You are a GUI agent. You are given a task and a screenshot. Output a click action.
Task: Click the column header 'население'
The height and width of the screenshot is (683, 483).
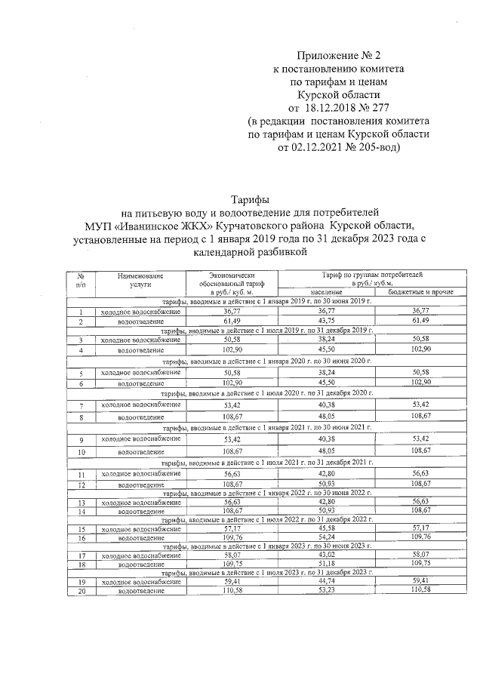(x=326, y=291)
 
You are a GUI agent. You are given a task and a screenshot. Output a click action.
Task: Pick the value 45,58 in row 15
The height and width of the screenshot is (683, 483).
(x=326, y=529)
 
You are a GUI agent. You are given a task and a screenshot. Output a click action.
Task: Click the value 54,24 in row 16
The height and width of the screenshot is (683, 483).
(x=326, y=538)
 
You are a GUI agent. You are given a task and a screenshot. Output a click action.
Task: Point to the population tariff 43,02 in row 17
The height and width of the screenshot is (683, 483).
(x=326, y=555)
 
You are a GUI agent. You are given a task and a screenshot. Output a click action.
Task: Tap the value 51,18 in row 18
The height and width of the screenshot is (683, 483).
(x=326, y=564)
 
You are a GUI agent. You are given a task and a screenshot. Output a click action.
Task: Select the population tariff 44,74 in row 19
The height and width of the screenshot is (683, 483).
(x=326, y=582)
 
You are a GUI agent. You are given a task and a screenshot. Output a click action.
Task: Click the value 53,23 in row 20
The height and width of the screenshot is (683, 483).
(x=326, y=591)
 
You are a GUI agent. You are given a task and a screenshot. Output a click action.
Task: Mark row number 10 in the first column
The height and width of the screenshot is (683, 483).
(x=80, y=452)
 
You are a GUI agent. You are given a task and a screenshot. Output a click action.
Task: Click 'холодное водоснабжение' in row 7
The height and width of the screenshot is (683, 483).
(x=140, y=405)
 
